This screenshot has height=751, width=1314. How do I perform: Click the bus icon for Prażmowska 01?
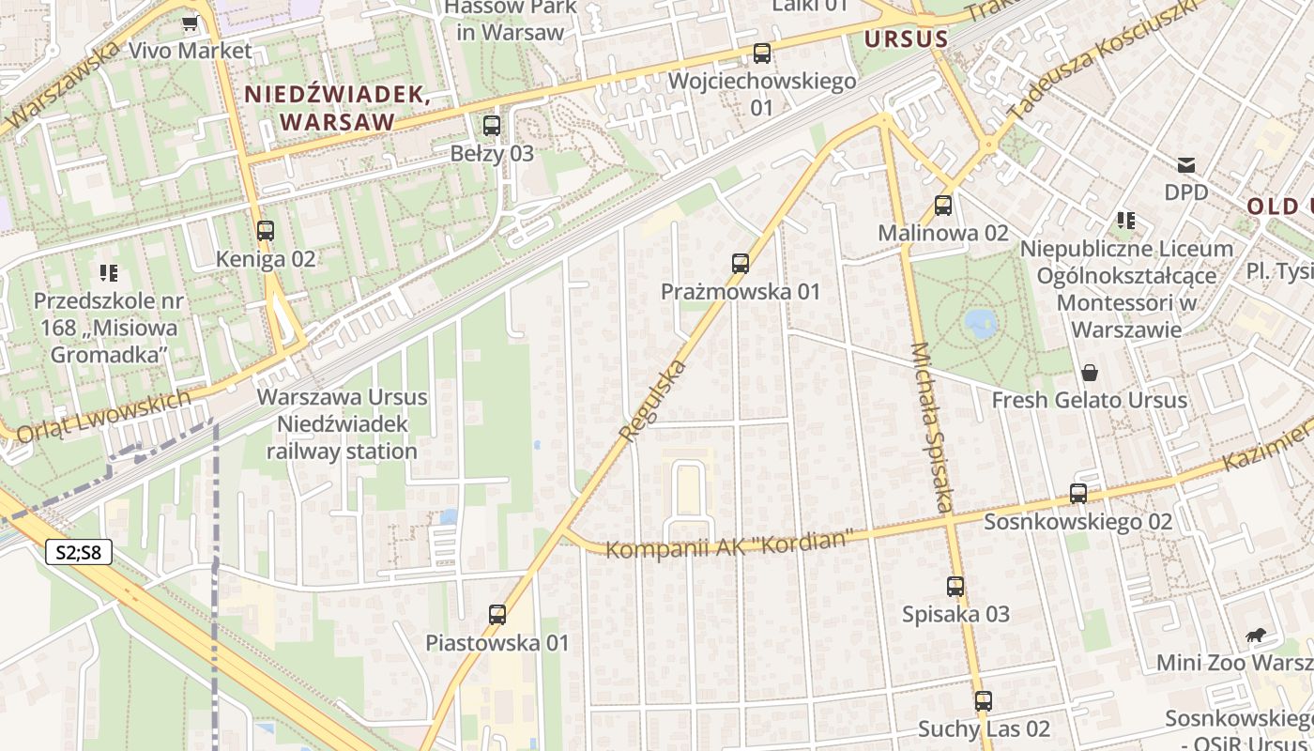741,264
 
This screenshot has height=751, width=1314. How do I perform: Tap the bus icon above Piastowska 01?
497,615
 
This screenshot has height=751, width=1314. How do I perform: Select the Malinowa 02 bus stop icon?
943,206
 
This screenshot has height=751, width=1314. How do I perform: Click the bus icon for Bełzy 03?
492,126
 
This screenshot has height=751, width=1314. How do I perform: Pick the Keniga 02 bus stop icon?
266,231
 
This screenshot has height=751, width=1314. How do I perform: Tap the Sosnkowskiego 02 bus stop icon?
1078,494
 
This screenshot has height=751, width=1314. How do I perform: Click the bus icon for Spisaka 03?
955,587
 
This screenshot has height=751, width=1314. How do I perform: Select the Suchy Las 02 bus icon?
984,701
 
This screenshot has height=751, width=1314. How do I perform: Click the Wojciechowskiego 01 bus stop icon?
762,54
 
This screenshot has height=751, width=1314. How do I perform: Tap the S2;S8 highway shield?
79,553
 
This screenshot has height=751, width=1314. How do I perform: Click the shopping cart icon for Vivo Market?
191,23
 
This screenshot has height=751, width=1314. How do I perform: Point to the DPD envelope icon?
1186,165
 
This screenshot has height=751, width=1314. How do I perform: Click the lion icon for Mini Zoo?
1254,636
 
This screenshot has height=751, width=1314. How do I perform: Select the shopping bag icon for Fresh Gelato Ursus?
1090,373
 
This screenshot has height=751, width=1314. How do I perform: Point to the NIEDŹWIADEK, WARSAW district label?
338,108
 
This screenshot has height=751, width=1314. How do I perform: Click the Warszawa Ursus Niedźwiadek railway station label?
342,424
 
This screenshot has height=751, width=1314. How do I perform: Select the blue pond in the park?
981,324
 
